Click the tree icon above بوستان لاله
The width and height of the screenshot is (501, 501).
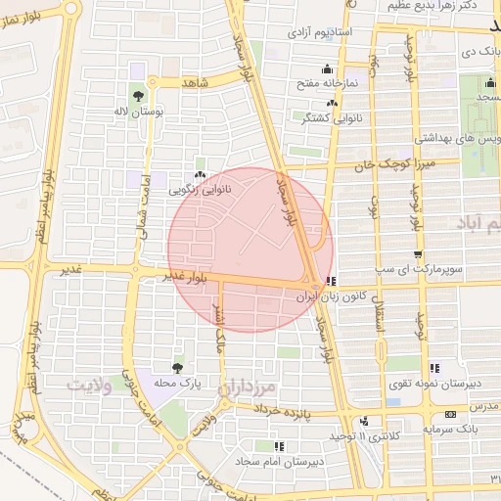[x=138, y=95]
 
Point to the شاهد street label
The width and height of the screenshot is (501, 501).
[x=196, y=84]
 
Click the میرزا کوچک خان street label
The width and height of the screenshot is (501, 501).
[x=391, y=163]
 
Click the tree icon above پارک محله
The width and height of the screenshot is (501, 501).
[x=177, y=368]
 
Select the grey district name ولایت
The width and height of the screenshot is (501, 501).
[x=99, y=385]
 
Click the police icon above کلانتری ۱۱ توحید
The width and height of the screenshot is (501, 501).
[x=364, y=421]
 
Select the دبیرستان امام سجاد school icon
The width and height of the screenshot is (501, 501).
[x=280, y=447]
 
